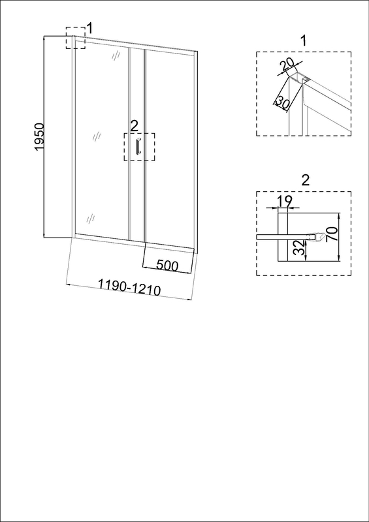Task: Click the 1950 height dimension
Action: point(39,137)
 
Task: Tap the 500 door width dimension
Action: point(167,266)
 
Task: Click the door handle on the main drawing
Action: point(138,146)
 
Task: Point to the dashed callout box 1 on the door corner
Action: point(75,38)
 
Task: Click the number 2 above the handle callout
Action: point(134,126)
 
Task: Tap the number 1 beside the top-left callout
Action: point(89,29)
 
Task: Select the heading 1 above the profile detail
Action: point(303,41)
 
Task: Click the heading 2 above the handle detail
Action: point(306,181)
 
